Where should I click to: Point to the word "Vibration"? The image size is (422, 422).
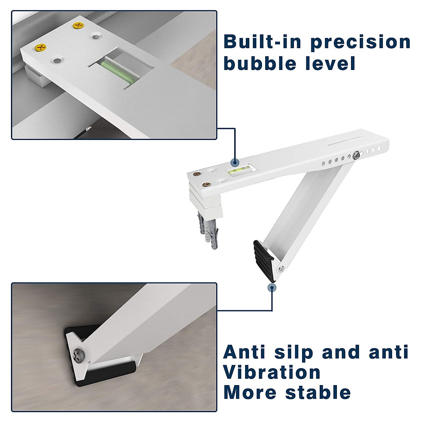click(x=272, y=372)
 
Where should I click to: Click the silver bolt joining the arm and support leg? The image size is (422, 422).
click(x=357, y=154)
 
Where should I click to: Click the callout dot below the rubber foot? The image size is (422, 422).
click(x=271, y=287)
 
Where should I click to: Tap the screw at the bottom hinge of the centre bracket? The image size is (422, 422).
click(x=282, y=269)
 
